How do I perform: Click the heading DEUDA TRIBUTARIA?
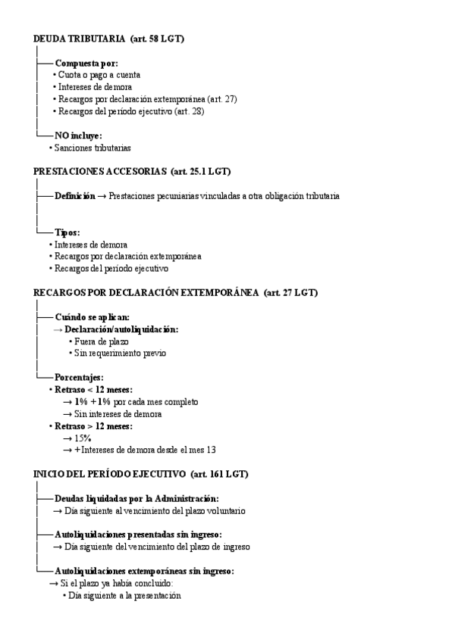pos(79,39)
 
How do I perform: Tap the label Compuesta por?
pos(86,64)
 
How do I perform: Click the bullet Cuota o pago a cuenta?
pos(99,75)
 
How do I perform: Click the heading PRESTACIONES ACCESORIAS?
pos(99,172)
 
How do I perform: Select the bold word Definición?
pos(74,196)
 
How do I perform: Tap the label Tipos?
pos(67,232)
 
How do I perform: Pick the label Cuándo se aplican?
pos(92,317)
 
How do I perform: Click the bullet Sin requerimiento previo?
pos(120,353)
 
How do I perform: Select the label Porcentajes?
pos(79,377)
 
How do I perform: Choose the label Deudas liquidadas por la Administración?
pos(136,499)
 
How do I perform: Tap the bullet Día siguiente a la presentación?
pos(124,596)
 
